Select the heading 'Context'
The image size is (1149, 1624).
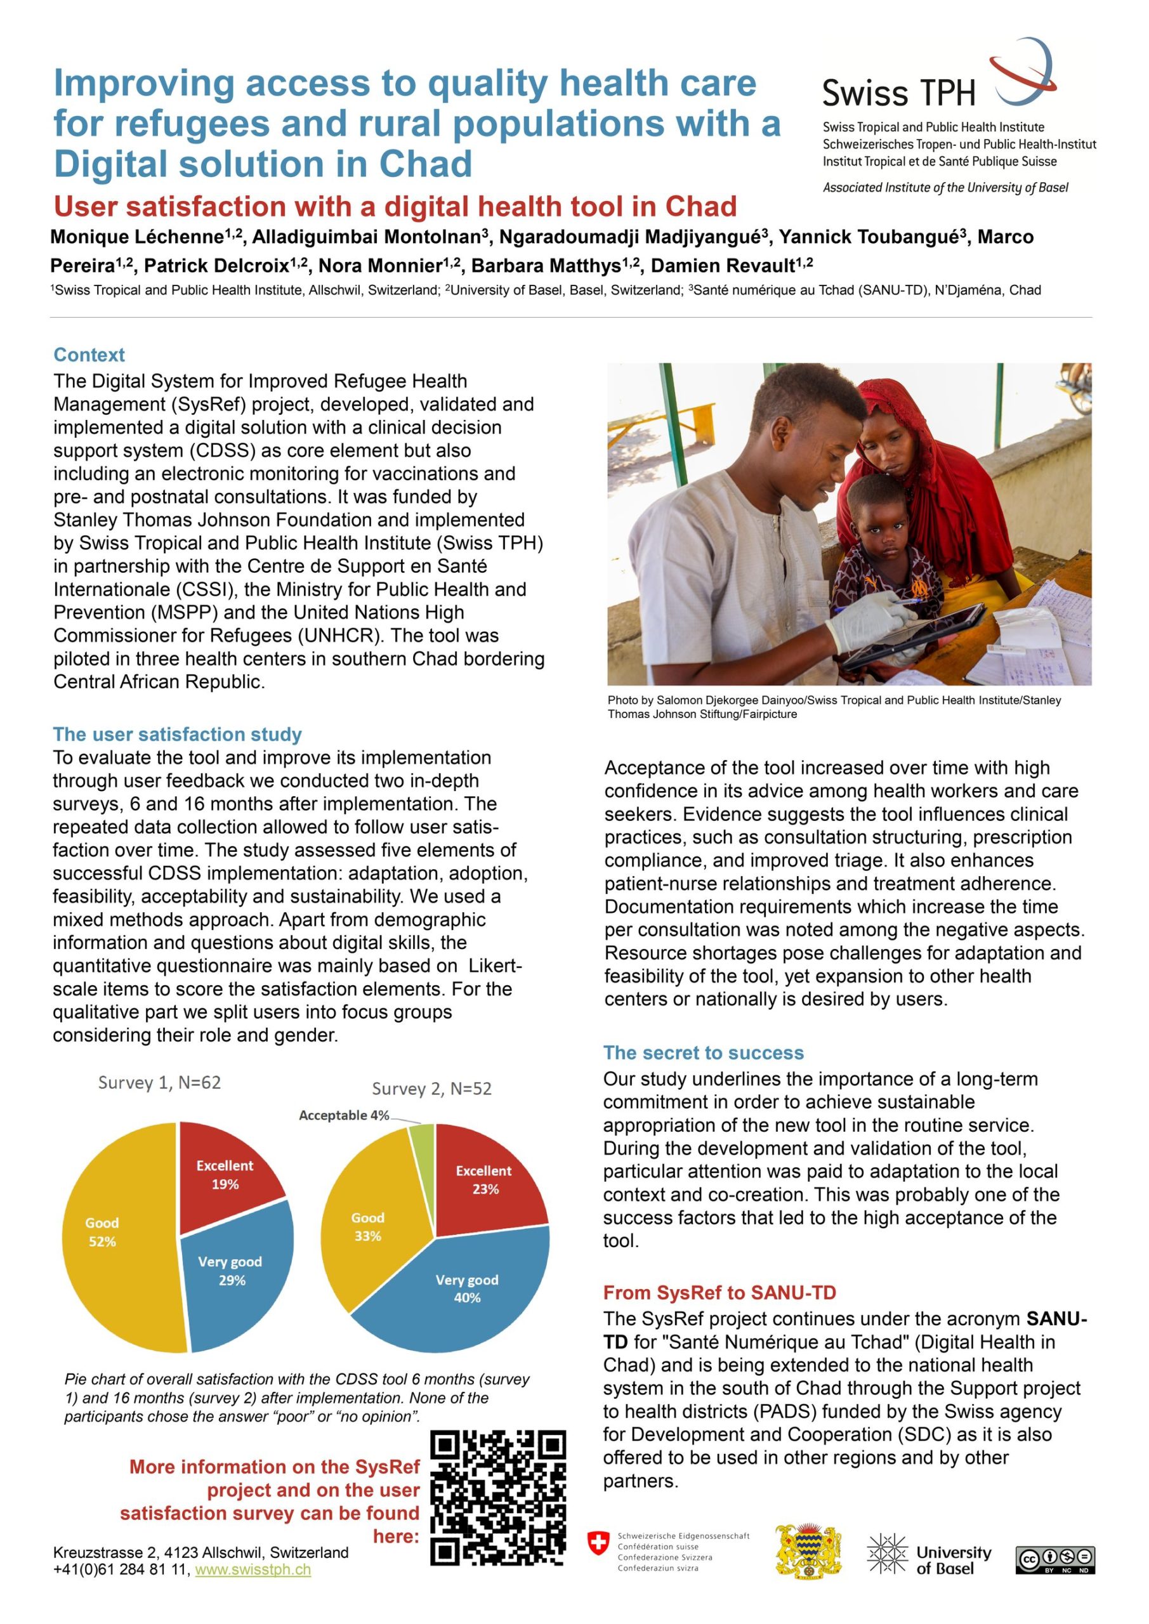click(x=89, y=355)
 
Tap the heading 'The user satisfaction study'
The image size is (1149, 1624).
click(x=177, y=734)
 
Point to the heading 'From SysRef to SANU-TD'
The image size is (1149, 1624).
click(x=719, y=1292)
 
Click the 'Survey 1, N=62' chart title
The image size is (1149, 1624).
click(x=159, y=1083)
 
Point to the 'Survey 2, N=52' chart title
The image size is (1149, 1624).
click(x=431, y=1089)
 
